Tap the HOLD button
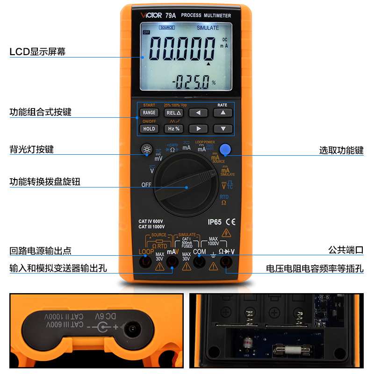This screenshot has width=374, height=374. click(x=149, y=129)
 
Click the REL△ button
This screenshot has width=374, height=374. click(x=173, y=113)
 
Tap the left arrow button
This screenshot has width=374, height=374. click(x=198, y=113)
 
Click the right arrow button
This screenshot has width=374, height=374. click(x=198, y=129)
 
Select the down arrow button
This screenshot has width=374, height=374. click(x=223, y=129)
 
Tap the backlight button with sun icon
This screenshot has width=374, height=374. click(x=147, y=150)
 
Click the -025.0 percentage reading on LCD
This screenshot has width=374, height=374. click(x=192, y=84)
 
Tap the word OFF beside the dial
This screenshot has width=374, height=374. click(x=147, y=185)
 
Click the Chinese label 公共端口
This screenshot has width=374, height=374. click(x=345, y=250)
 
